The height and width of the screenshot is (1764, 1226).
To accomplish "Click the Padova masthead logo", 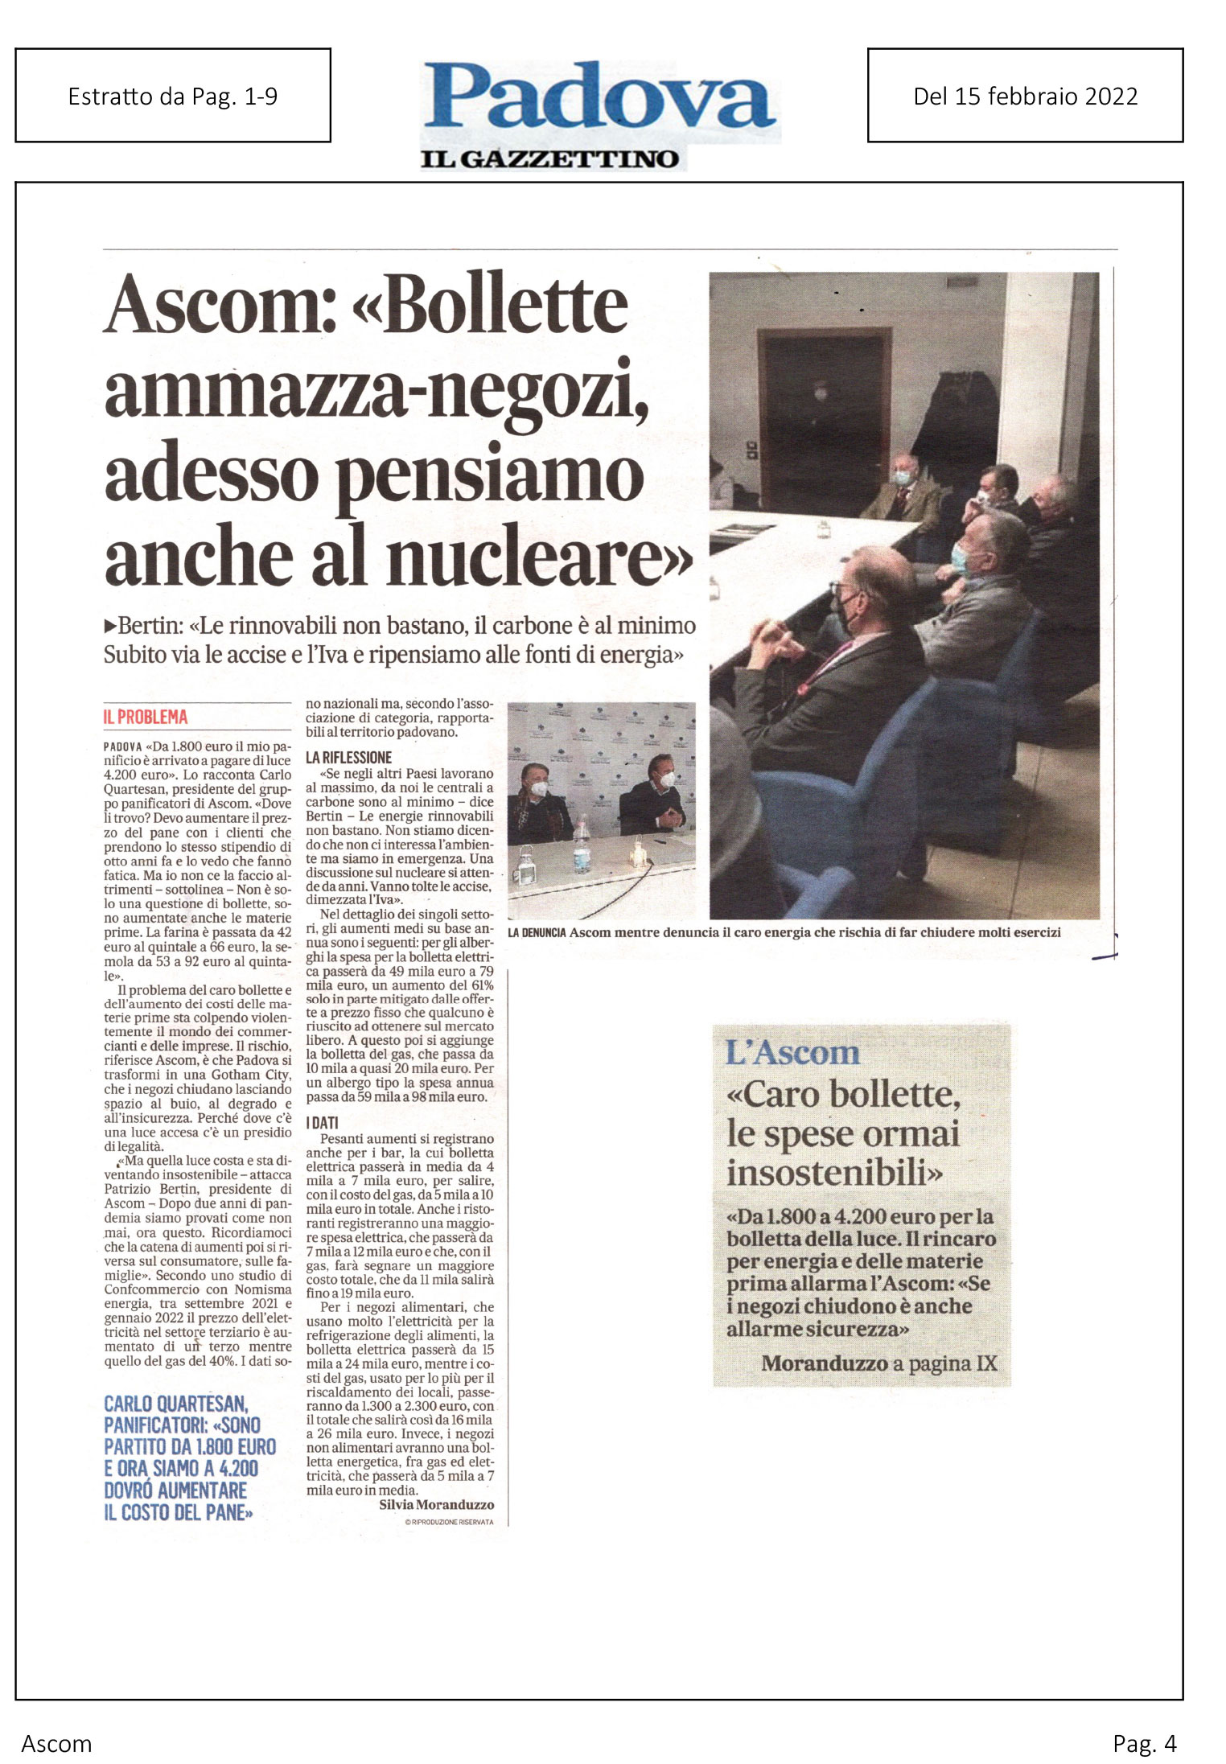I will (599, 98).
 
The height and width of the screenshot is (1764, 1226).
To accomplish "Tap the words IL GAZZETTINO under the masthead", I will (549, 159).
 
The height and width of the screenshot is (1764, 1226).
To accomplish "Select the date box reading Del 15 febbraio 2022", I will (1025, 96).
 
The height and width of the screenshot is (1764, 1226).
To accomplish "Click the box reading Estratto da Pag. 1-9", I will (173, 96).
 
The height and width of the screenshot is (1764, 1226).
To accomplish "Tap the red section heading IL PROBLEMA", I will (146, 718).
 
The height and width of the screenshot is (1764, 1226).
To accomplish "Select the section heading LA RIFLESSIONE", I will (348, 758).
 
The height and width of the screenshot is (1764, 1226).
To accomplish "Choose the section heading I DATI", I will (322, 1122).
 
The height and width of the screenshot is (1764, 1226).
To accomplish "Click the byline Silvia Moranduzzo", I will (436, 1504).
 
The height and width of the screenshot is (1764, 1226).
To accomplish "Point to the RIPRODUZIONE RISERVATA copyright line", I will (449, 1522).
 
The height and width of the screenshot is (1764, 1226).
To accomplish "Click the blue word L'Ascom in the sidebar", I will (792, 1053).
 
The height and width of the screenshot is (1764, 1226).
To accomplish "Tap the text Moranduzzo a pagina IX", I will (878, 1363).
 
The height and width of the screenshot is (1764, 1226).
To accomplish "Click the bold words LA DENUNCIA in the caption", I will (537, 933).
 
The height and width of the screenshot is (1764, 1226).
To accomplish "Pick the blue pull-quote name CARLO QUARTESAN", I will (176, 1404).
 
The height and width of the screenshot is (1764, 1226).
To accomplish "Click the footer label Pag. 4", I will (1144, 1743).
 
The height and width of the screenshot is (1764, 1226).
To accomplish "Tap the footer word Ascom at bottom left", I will (56, 1743).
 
